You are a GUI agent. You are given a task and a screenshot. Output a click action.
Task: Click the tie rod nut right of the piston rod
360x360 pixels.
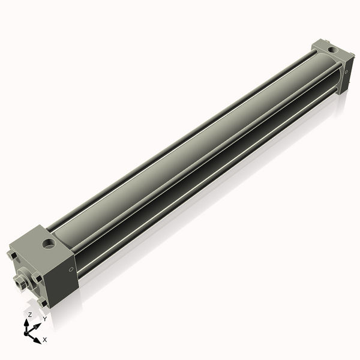tap(37, 277)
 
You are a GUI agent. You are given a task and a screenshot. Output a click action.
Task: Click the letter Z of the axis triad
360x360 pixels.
tap(29, 314)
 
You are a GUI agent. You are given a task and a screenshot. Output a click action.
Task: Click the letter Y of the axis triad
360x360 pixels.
tap(44, 319)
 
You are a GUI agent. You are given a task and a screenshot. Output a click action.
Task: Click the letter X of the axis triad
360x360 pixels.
tap(44, 340)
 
